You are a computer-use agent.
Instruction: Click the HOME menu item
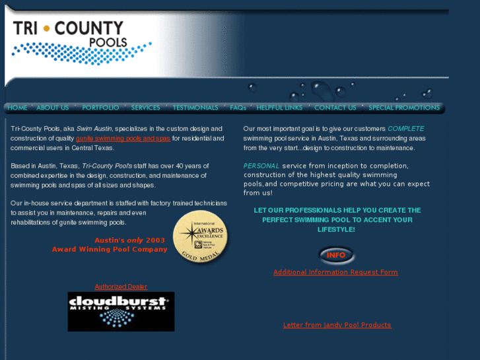pos(17,108)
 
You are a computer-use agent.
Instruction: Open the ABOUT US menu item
pos(53,108)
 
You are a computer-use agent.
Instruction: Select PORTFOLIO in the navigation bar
pos(100,108)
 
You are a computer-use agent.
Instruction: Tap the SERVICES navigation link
pos(145,108)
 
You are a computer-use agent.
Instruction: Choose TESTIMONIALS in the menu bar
pos(195,108)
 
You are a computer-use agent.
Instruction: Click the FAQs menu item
pos(238,108)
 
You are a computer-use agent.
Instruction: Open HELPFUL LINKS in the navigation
pos(279,108)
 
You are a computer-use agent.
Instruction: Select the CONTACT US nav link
pos(335,108)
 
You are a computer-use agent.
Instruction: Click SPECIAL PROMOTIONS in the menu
pos(403,108)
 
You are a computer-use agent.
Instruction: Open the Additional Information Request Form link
pos(335,272)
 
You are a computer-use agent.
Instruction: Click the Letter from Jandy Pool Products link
pos(337,325)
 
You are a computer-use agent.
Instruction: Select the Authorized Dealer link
pos(121,287)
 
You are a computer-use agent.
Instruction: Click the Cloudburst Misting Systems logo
pos(121,311)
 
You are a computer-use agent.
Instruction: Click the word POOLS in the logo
pos(107,43)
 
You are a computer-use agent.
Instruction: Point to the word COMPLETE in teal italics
pos(406,129)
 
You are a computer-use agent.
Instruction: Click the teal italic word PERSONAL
pos(261,166)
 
